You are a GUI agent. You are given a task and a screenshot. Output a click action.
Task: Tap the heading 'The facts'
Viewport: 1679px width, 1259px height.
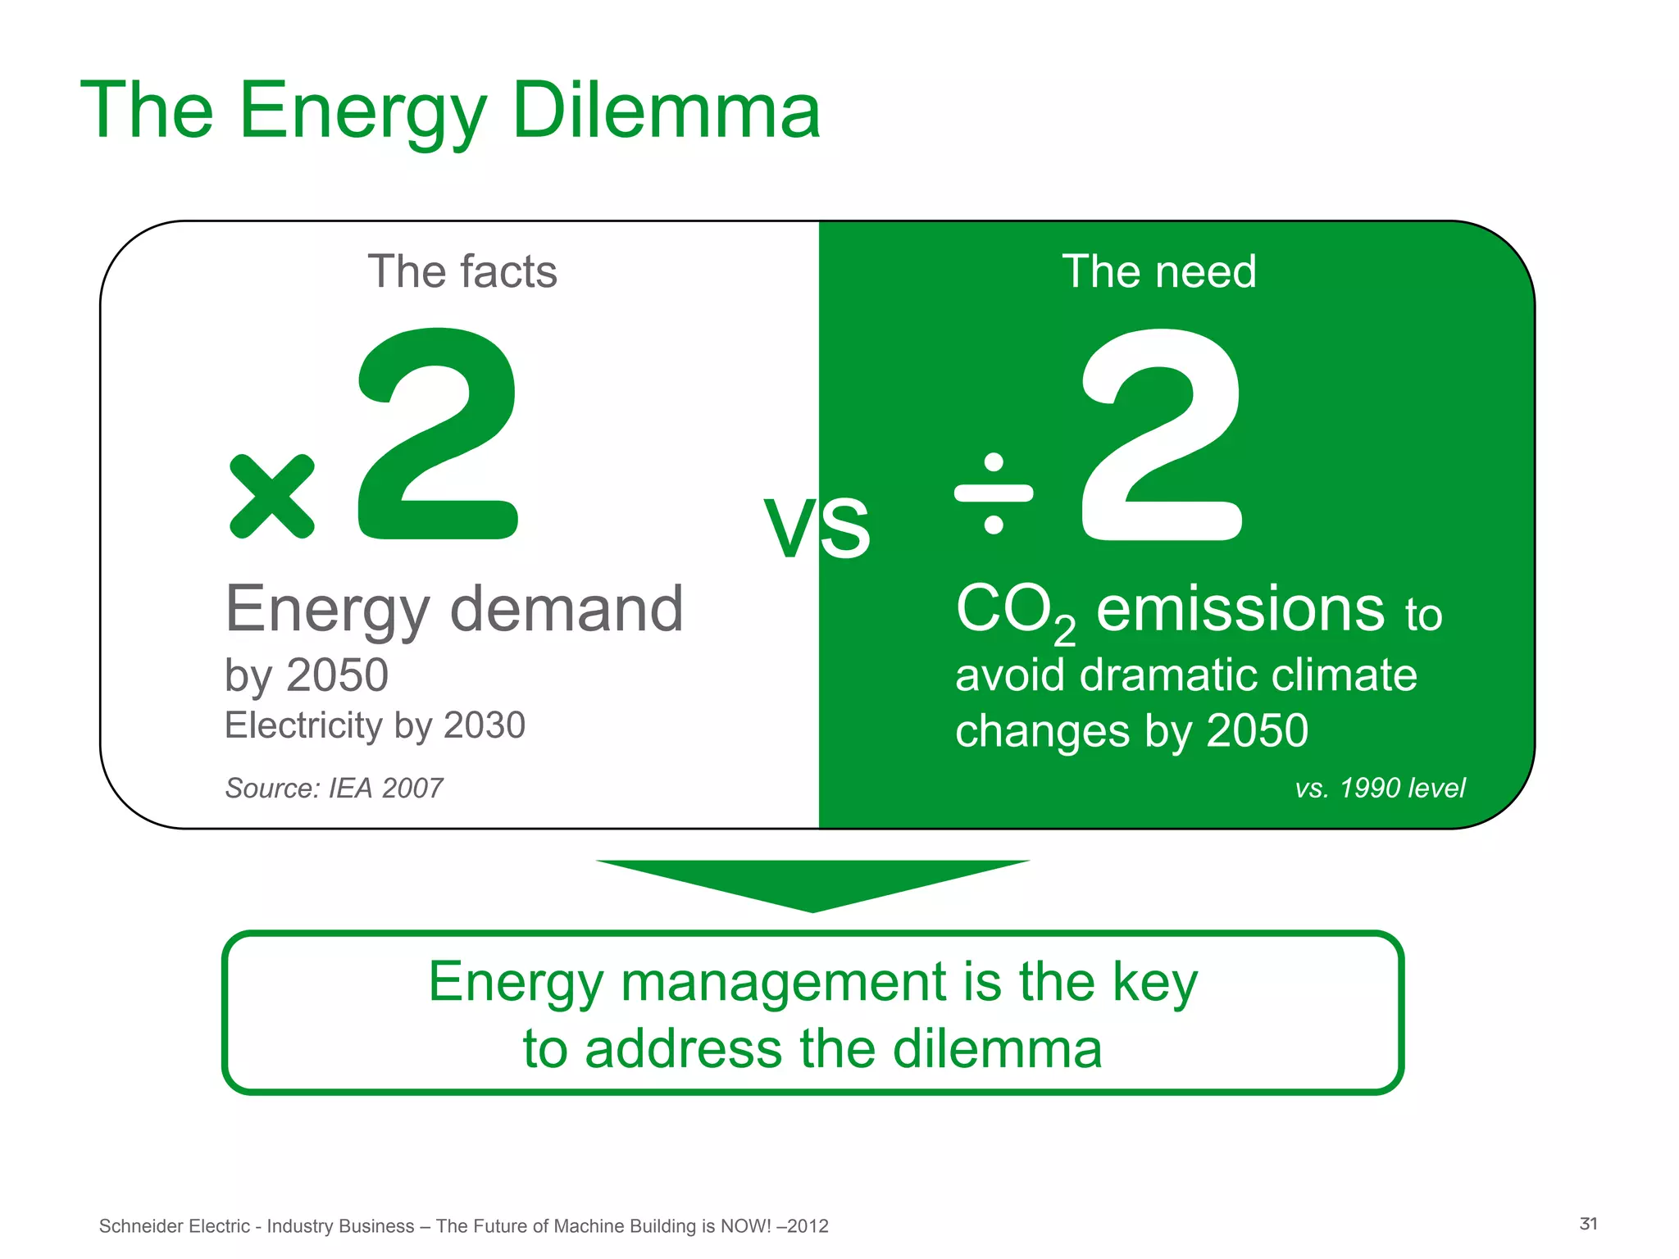462,271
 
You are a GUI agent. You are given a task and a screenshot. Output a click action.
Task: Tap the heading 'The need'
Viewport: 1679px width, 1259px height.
1158,271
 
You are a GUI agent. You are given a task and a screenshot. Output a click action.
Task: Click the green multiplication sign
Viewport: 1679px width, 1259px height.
271,497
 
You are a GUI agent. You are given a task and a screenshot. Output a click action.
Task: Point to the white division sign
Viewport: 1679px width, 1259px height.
994,493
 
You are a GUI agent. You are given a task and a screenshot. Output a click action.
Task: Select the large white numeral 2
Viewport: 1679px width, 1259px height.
1162,434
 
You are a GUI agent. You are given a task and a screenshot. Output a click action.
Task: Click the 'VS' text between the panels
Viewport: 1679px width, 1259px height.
817,529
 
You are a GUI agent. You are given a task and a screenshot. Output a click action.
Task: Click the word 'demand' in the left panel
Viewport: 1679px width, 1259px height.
566,609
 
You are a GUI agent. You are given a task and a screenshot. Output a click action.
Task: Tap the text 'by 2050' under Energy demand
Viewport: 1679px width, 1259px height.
307,675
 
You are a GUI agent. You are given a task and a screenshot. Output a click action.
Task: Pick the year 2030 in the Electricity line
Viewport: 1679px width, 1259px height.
484,725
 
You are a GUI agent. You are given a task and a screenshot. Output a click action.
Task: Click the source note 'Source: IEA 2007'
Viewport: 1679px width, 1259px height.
334,788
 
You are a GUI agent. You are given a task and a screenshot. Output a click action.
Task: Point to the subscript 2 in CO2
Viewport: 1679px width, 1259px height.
1064,630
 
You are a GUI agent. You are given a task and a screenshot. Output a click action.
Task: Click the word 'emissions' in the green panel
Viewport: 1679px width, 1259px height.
1240,609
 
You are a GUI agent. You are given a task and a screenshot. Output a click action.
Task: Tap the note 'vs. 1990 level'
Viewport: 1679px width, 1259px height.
1380,788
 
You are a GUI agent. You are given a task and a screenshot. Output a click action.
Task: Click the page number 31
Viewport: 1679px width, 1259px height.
1588,1224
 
